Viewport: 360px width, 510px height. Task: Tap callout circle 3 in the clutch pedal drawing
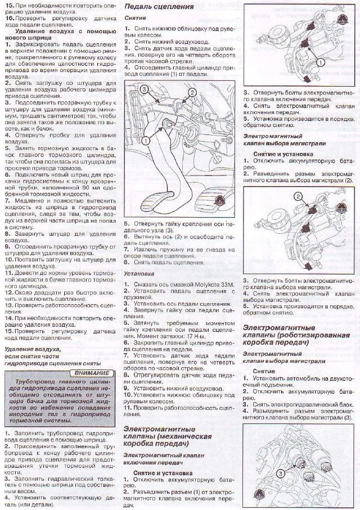[x=144, y=89]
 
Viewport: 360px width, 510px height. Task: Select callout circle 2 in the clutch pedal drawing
[x=192, y=93]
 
